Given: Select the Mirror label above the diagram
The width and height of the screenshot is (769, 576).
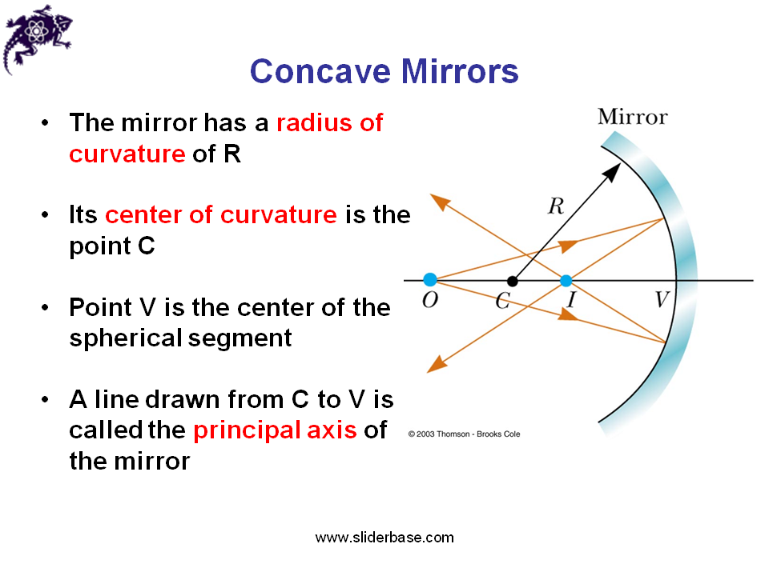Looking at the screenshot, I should click(632, 118).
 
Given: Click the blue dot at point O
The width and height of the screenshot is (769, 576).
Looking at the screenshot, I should click(430, 279).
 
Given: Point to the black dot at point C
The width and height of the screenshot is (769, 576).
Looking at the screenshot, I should click(513, 281).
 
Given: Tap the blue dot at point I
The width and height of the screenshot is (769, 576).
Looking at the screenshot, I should click(566, 281).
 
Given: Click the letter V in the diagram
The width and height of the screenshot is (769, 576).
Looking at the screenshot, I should click(662, 300).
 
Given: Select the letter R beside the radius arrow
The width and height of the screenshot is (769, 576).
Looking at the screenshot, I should click(555, 206).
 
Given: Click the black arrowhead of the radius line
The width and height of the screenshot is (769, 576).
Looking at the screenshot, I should click(613, 170).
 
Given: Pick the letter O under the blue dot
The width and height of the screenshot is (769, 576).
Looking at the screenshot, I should click(430, 301).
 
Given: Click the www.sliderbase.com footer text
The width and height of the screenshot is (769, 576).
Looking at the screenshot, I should click(384, 538).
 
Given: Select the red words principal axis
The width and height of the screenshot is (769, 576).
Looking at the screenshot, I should click(275, 430).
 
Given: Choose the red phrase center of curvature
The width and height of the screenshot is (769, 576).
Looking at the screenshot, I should click(220, 215).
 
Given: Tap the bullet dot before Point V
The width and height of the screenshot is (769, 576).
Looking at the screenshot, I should click(47, 308).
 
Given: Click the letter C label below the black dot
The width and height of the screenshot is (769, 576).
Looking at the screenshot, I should click(502, 302).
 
